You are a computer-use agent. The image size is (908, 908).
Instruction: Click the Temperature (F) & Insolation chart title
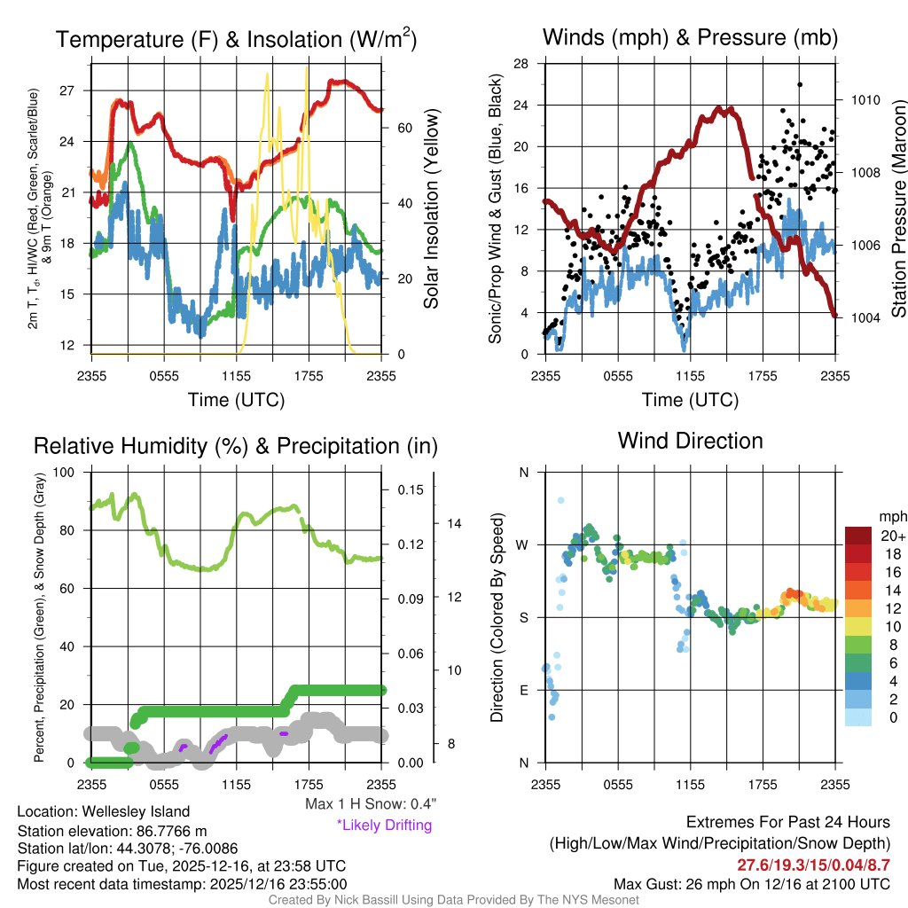[236, 39]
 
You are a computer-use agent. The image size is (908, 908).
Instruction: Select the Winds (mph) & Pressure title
[690, 37]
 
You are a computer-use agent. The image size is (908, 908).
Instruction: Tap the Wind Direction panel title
[690, 441]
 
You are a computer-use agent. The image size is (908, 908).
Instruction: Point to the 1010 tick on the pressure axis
[865, 100]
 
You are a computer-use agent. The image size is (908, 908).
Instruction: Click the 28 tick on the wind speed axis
[521, 64]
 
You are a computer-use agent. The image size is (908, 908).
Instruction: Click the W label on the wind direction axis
[523, 544]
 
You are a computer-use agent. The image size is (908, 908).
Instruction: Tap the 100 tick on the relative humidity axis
[66, 472]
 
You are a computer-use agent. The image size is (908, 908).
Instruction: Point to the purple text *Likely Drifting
[384, 826]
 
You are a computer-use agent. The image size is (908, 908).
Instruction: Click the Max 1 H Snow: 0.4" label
[370, 804]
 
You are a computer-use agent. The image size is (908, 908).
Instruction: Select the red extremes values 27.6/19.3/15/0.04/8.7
[813, 865]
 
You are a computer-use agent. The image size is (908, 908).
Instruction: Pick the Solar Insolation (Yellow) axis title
[432, 209]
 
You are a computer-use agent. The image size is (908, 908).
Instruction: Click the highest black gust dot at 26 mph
[800, 85]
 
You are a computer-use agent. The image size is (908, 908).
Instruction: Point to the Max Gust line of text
[752, 884]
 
